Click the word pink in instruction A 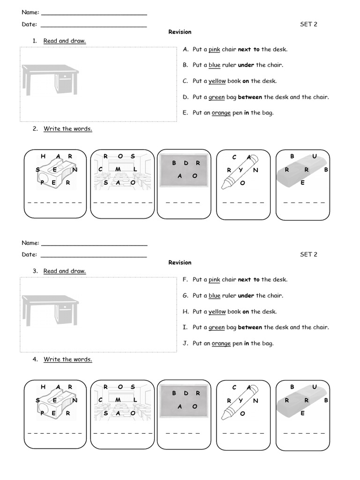click(214, 50)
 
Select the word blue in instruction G click(214, 296)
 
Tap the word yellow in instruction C click(217, 81)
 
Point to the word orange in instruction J click(221, 344)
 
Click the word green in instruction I click(217, 328)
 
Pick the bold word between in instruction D click(250, 97)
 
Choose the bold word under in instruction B click(246, 65)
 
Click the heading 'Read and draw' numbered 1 click(65, 41)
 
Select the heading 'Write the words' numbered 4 click(68, 360)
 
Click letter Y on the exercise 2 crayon click(241, 170)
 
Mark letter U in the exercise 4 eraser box click(315, 387)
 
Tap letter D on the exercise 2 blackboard click(186, 163)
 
